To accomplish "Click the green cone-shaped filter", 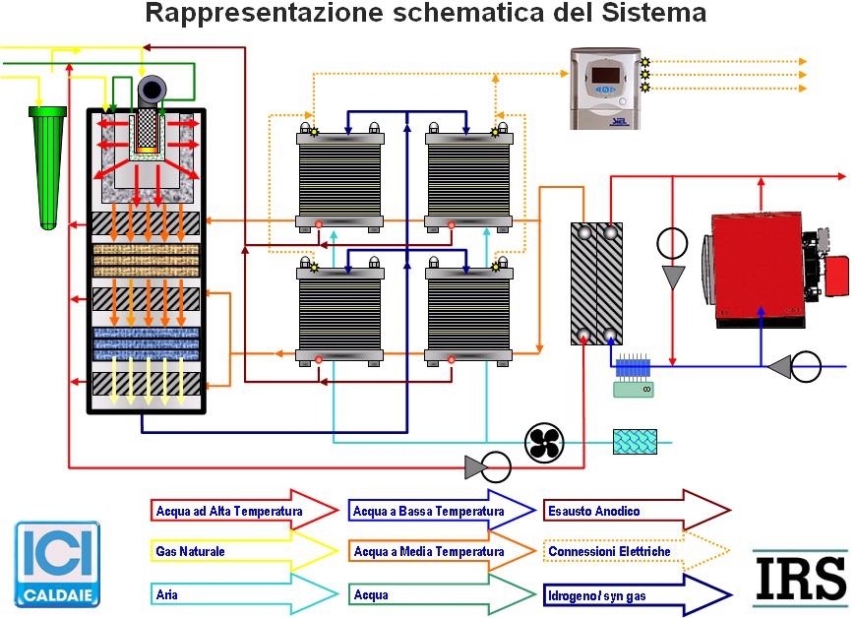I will click(45, 162).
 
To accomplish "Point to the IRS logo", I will click(799, 578).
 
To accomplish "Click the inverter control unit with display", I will click(605, 88).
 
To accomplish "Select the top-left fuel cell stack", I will click(339, 178).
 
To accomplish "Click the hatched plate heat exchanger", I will click(596, 283).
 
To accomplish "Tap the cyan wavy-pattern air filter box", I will click(635, 442).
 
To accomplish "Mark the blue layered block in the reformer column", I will click(146, 345).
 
